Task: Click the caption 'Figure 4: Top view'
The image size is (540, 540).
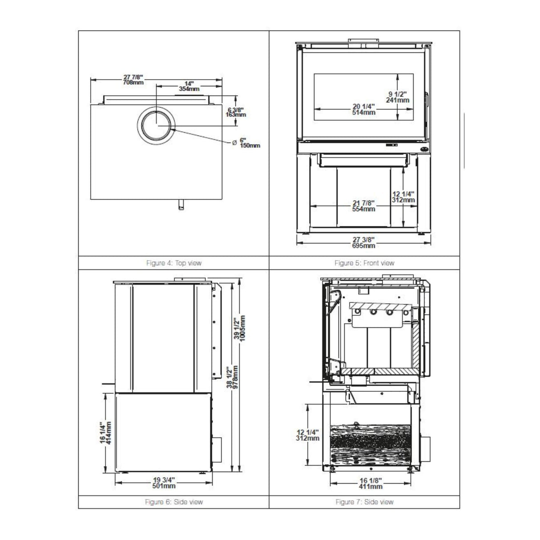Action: [173, 263]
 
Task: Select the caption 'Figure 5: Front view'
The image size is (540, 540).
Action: [364, 263]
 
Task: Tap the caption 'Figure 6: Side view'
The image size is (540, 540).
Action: [173, 502]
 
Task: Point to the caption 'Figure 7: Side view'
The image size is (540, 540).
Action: [364, 502]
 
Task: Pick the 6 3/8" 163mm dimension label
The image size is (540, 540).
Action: [236, 112]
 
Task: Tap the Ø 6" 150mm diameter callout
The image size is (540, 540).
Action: [247, 143]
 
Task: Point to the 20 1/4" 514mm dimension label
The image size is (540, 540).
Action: [363, 109]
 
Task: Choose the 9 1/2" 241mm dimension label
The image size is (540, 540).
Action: [397, 97]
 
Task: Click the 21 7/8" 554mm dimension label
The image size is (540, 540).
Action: [363, 206]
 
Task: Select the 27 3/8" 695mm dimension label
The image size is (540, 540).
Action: [364, 242]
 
